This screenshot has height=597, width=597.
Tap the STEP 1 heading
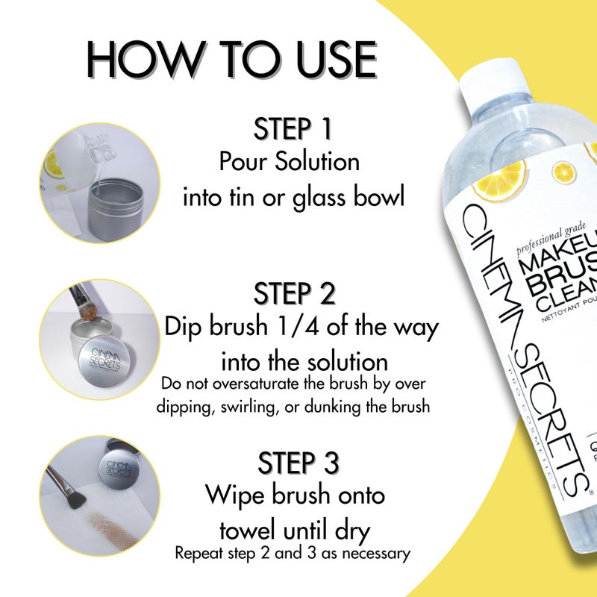(x=293, y=128)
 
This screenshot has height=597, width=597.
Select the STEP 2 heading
(x=293, y=293)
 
